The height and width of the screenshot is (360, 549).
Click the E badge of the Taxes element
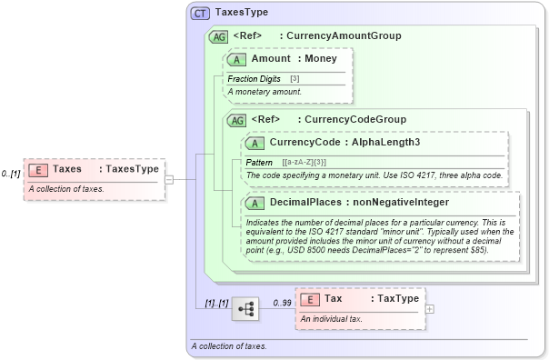pyautogui.click(x=38, y=169)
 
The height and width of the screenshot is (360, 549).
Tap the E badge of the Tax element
pyautogui.click(x=309, y=298)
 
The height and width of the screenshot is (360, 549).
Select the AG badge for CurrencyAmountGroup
pyautogui.click(x=219, y=36)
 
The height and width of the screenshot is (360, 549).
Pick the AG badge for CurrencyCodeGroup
pyautogui.click(x=237, y=120)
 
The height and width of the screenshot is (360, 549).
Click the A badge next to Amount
pyautogui.click(x=237, y=58)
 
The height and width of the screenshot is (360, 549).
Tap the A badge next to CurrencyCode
pyautogui.click(x=255, y=143)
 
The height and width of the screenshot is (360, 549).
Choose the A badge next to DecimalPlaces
pyautogui.click(x=255, y=203)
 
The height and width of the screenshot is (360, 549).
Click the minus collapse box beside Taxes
pyautogui.click(x=169, y=179)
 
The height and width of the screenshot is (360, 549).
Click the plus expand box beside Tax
pyautogui.click(x=430, y=308)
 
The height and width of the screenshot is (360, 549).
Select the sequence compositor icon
pyautogui.click(x=245, y=309)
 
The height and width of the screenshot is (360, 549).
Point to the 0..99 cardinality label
pyautogui.click(x=283, y=302)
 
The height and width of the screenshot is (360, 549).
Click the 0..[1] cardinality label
pyautogui.click(x=11, y=173)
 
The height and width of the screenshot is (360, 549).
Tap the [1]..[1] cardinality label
pyautogui.click(x=216, y=302)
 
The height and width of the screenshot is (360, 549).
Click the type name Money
pyautogui.click(x=320, y=58)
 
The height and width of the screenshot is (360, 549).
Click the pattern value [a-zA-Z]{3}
pyautogui.click(x=294, y=161)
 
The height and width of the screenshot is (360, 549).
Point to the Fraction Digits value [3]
pyautogui.click(x=294, y=79)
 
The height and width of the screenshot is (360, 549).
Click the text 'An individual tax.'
pyautogui.click(x=332, y=318)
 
